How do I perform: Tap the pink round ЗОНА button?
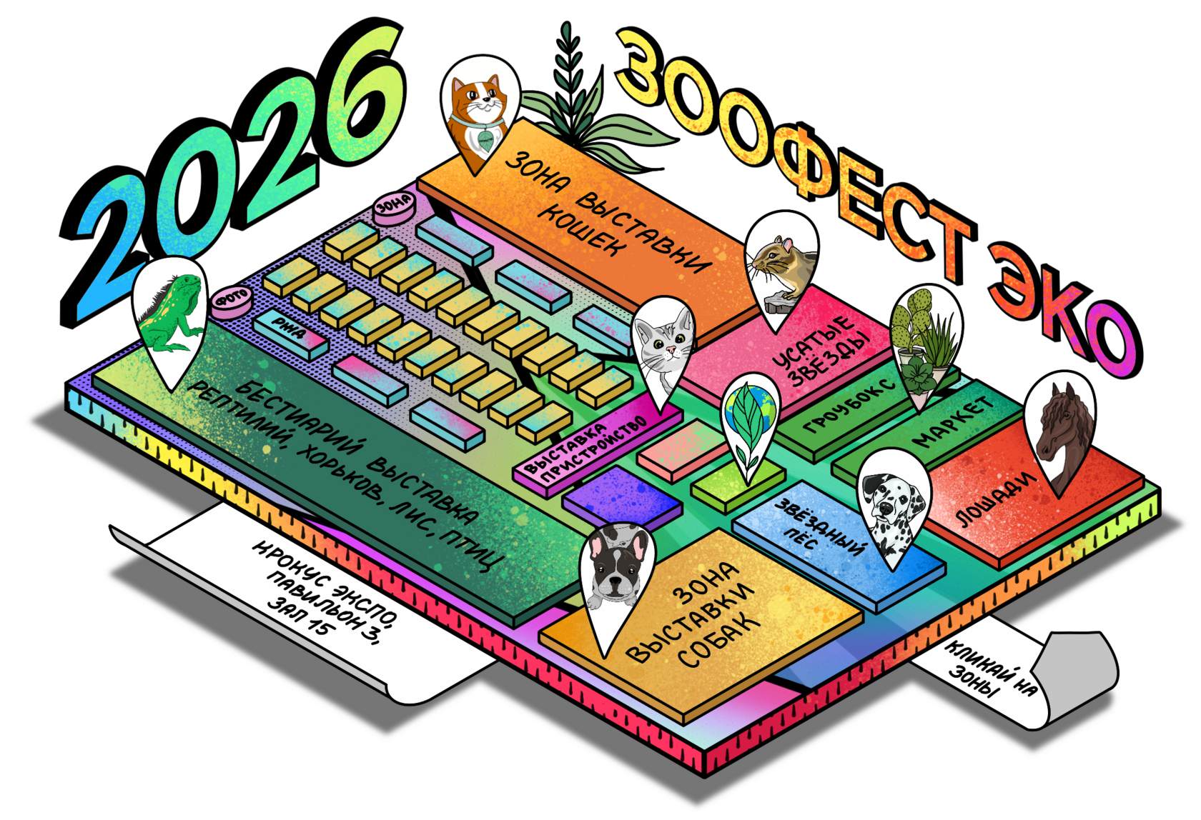click(394, 206)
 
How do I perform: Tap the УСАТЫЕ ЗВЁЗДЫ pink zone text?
click(822, 350)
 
